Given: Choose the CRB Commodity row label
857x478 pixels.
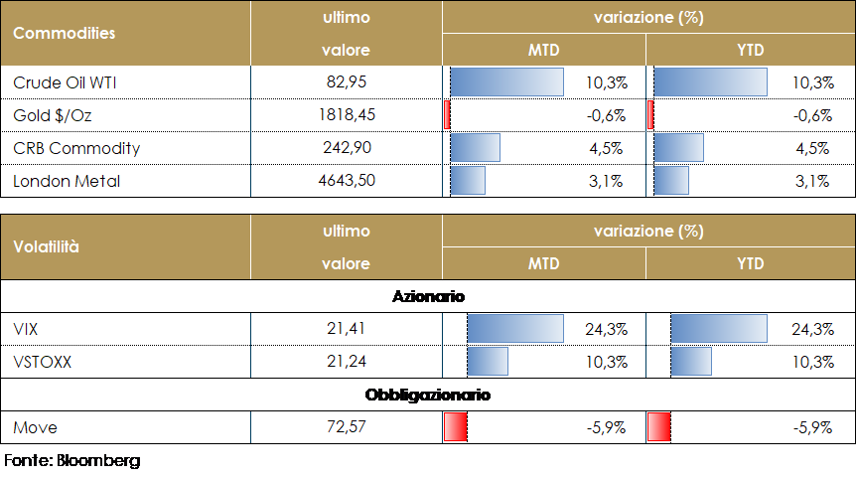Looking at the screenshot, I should pyautogui.click(x=76, y=148).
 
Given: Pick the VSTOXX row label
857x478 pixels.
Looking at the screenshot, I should pyautogui.click(x=43, y=362).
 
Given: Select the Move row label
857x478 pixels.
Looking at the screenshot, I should pyautogui.click(x=35, y=427).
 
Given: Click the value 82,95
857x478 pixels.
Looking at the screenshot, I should pyautogui.click(x=346, y=81).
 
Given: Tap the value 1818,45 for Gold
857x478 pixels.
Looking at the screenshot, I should pyautogui.click(x=346, y=115).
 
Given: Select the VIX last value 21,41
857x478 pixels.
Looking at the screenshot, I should pyautogui.click(x=346, y=329).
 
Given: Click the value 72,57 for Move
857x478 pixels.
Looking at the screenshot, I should pyautogui.click(x=346, y=427).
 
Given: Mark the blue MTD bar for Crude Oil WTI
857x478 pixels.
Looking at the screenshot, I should pyautogui.click(x=506, y=81).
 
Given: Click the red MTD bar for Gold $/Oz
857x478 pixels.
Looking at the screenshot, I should pyautogui.click(x=448, y=115).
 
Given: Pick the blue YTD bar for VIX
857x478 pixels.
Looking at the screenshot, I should pyautogui.click(x=719, y=329).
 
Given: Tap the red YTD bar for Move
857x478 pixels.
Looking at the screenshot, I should pyautogui.click(x=658, y=427).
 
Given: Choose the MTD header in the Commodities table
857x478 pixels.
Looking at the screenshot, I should pyautogui.click(x=543, y=50).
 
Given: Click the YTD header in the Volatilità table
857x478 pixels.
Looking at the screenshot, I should pyautogui.click(x=750, y=264).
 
